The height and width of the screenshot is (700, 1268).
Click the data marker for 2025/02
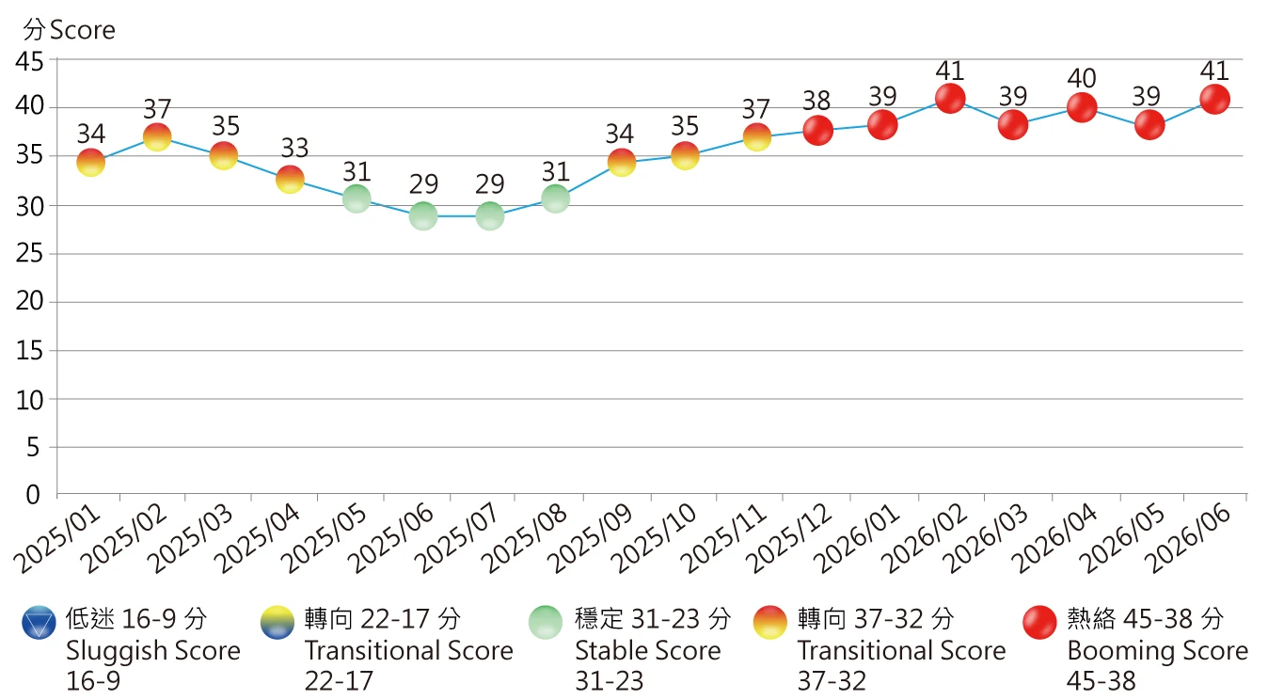tap(157, 137)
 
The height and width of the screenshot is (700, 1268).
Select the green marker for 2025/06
tap(423, 215)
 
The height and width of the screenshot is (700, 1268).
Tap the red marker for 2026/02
tap(950, 99)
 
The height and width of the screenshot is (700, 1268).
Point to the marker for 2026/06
tap(1214, 99)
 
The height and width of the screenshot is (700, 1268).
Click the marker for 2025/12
tap(818, 130)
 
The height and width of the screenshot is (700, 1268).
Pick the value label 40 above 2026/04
tap(1082, 78)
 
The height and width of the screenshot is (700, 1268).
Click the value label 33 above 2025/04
tap(294, 149)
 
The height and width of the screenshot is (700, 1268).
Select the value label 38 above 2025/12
tap(816, 101)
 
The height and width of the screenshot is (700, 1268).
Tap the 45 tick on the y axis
tap(29, 61)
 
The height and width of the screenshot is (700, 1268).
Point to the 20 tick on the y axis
tap(29, 301)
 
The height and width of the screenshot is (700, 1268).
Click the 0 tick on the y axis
tap(33, 495)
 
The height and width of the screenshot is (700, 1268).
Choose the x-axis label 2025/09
tap(591, 538)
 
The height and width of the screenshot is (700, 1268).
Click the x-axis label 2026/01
tap(857, 538)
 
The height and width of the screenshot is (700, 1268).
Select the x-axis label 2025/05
tap(325, 538)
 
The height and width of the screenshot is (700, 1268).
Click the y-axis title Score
tap(83, 30)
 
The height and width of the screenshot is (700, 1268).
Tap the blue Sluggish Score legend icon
tap(40, 623)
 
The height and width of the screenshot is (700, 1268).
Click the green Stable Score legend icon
tap(546, 623)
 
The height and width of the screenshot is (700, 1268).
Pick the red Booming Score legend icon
tap(1039, 623)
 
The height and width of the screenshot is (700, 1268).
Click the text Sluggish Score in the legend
tap(153, 651)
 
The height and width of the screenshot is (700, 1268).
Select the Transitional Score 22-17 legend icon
tap(277, 623)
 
